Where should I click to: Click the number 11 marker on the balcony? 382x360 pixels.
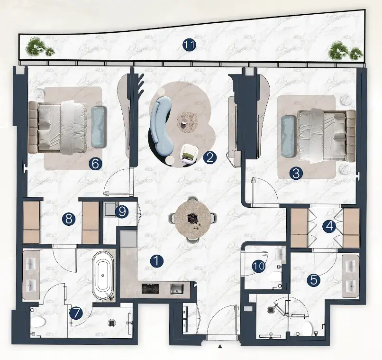189,45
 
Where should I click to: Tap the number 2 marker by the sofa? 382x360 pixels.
210,157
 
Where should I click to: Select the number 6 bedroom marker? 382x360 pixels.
96,164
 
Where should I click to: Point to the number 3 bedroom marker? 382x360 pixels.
296,173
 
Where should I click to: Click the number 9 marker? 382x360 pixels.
122,212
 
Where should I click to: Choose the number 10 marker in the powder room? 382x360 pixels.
258,266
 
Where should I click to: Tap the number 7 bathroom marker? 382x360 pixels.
76,313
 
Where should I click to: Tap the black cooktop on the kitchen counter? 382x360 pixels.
150,289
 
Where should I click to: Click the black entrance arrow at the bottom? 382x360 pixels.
220,346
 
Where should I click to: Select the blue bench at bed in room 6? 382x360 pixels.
99,127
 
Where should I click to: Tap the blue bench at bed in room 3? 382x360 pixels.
288,136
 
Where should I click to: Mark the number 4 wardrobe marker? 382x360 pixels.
329,227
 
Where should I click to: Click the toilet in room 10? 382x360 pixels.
274,277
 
